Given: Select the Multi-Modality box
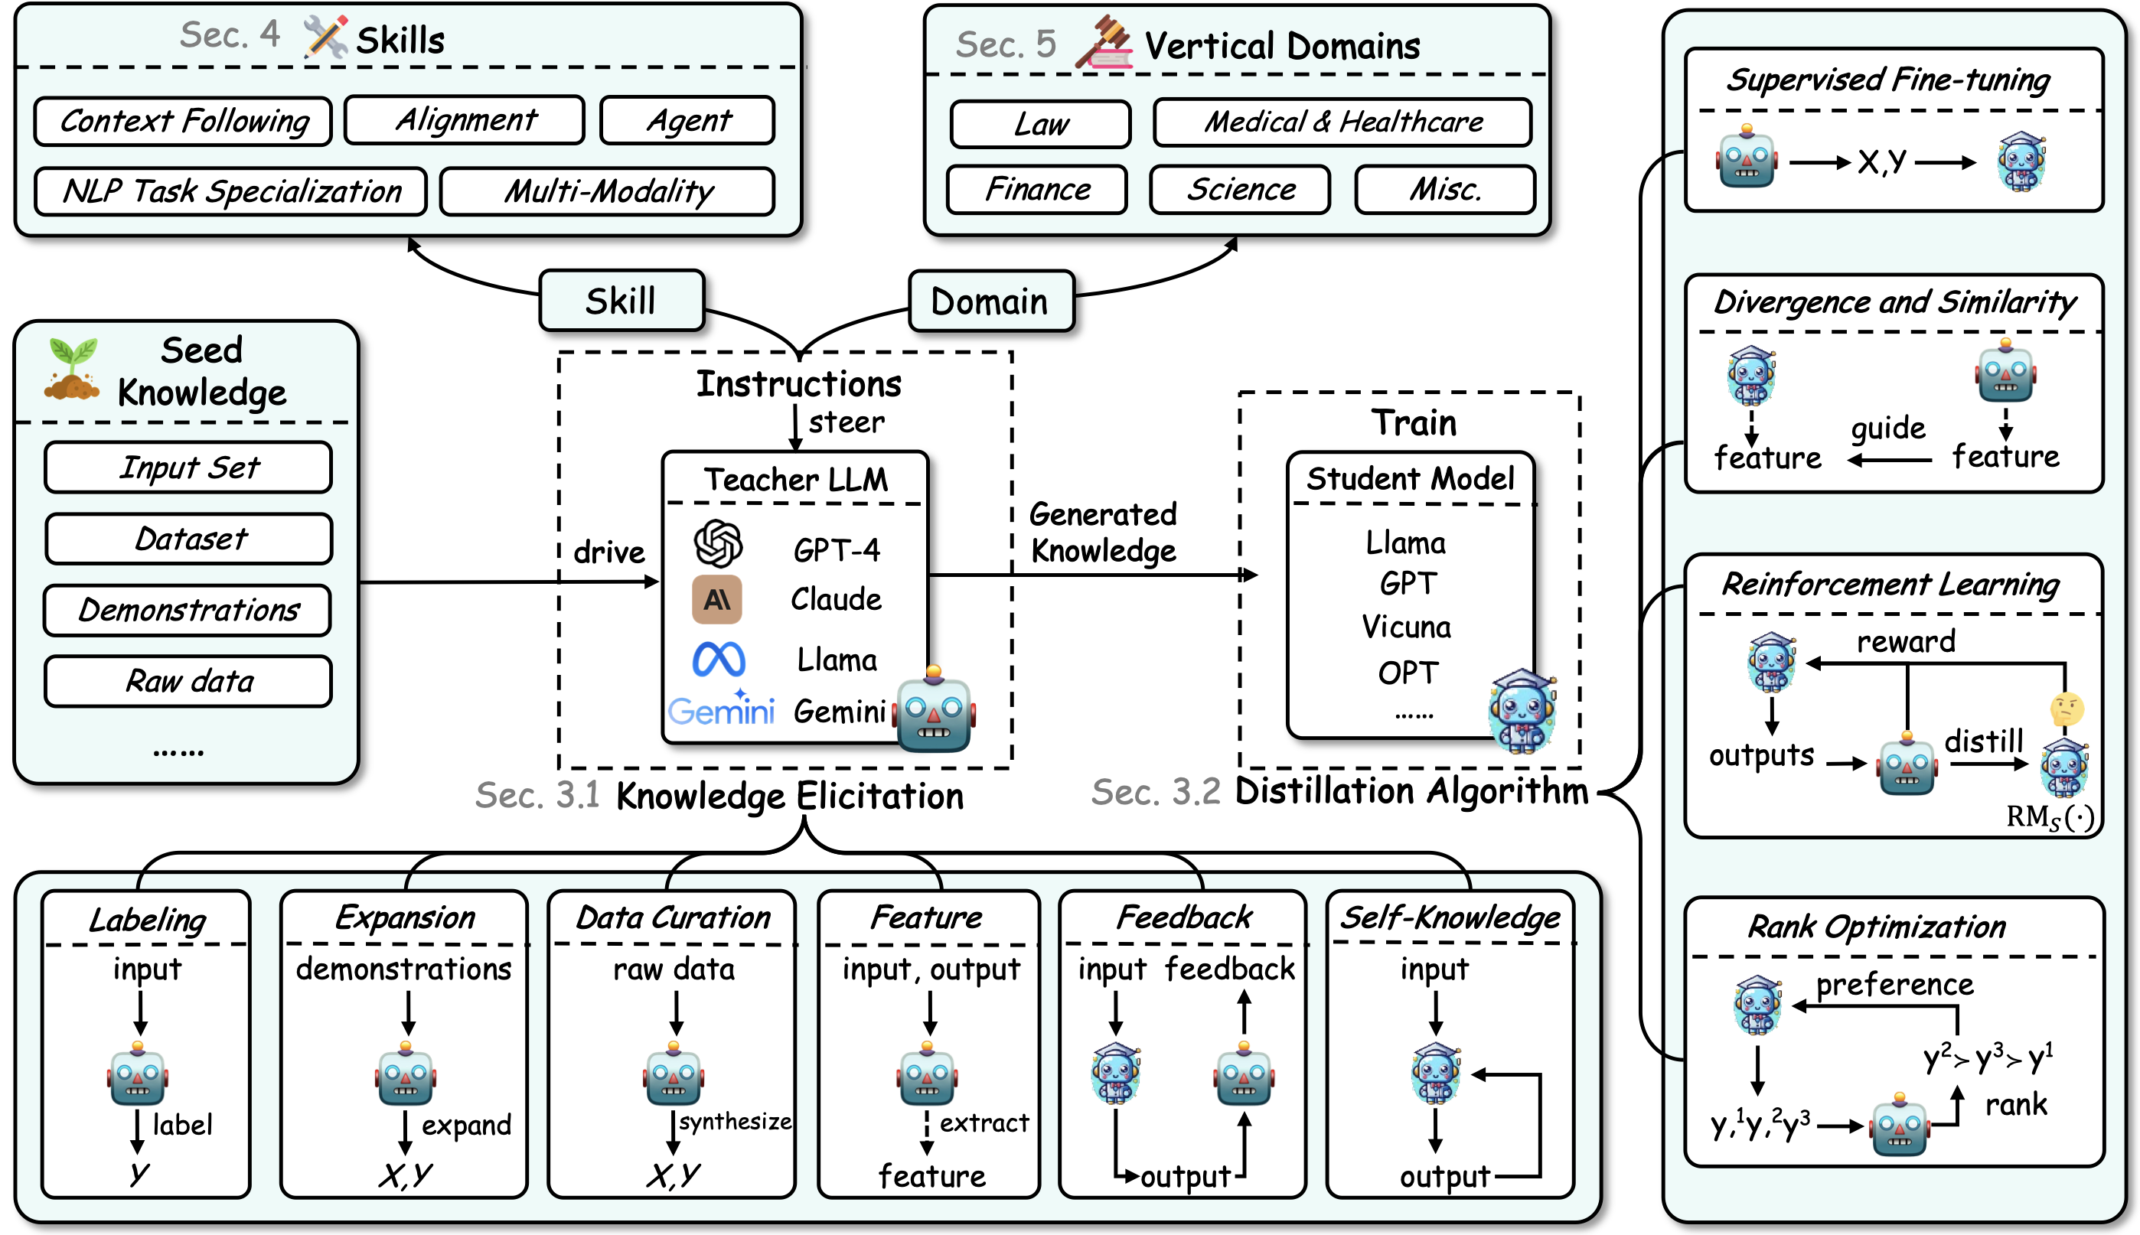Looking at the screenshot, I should tap(607, 191).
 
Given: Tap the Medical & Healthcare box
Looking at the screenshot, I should tap(1342, 122).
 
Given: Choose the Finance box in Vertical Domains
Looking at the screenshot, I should tap(1036, 189).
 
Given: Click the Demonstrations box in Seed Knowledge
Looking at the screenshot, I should tap(188, 610).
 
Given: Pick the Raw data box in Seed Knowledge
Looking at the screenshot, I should tap(188, 681).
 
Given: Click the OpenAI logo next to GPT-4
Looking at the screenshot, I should tap(718, 544).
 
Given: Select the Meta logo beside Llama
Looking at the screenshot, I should tap(719, 659).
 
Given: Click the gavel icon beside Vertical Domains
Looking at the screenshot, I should tap(1104, 41).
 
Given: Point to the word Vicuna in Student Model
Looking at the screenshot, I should tap(1405, 627).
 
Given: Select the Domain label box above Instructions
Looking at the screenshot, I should tap(990, 301).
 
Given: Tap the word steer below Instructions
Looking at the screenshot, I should tap(846, 422).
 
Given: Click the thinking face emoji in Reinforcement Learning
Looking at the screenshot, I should tap(2067, 709).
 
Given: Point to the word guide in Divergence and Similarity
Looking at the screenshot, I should tap(1887, 428).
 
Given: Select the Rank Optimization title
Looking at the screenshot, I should tap(1876, 926).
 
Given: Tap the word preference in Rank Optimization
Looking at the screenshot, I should tap(1894, 984).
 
